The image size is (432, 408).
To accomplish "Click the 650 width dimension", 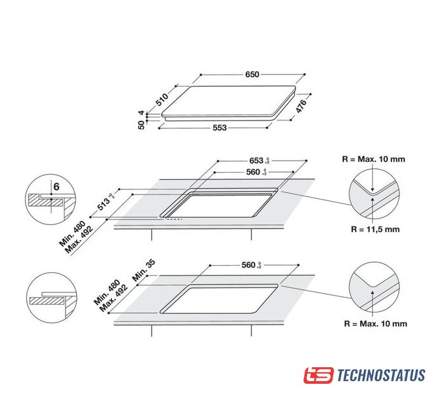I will click(x=252, y=75).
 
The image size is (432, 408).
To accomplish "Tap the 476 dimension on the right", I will click(x=302, y=106).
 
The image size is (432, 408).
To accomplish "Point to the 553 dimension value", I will click(x=219, y=128).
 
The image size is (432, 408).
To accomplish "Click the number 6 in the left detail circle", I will click(x=57, y=187).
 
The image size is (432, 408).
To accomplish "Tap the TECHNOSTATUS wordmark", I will click(x=380, y=375).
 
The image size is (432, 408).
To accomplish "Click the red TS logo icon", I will click(x=318, y=375).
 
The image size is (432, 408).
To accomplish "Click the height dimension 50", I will click(x=141, y=125).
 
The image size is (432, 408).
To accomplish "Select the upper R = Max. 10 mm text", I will click(x=373, y=159).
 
